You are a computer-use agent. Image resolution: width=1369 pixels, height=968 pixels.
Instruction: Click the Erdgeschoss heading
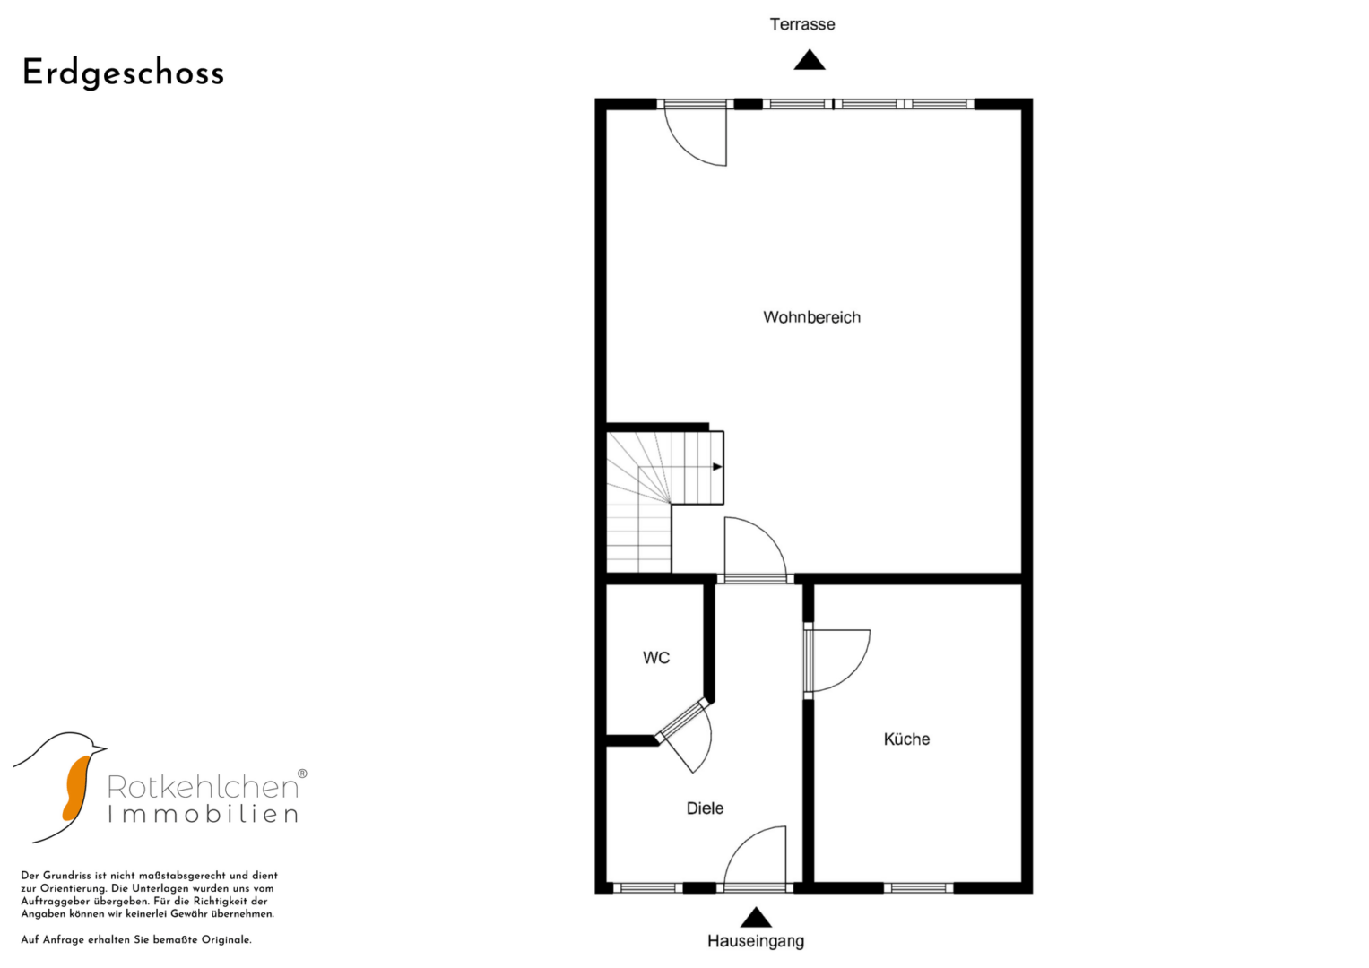click(123, 73)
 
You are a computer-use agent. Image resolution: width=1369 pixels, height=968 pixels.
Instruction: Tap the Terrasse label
click(801, 24)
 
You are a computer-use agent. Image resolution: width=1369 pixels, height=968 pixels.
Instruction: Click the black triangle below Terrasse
click(810, 60)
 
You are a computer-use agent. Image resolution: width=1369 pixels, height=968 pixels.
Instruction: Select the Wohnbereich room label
click(811, 317)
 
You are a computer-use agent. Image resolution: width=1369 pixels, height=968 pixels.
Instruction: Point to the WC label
click(656, 658)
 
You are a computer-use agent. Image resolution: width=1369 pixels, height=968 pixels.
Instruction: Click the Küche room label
click(906, 739)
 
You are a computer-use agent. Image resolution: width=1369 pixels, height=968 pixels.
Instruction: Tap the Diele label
click(705, 808)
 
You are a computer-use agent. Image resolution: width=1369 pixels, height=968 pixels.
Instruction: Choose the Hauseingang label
click(756, 940)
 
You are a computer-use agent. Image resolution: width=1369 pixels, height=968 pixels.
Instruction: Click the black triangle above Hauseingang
click(756, 917)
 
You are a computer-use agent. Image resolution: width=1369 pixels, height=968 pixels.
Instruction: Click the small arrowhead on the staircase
click(717, 467)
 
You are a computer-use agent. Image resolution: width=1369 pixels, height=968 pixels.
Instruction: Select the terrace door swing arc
click(686, 151)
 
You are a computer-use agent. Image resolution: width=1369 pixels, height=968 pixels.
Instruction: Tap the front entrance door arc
click(741, 842)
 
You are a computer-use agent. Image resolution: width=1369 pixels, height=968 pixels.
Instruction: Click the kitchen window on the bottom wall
click(919, 888)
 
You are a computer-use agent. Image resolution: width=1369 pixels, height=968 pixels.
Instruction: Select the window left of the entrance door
click(648, 888)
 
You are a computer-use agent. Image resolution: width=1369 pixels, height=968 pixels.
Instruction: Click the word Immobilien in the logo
click(203, 815)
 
